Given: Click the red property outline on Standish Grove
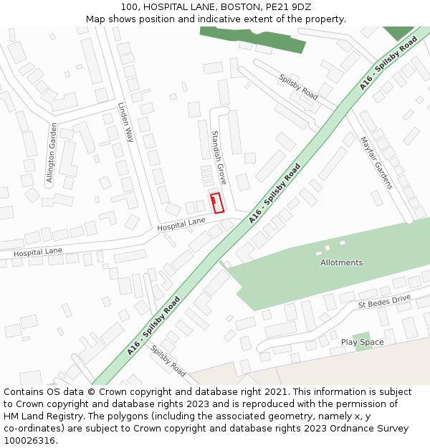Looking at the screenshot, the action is click(217, 202).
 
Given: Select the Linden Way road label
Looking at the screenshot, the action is click(125, 122).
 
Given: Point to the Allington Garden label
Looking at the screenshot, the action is click(52, 154).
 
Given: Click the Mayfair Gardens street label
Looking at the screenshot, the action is click(376, 163).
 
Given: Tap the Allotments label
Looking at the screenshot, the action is click(341, 262).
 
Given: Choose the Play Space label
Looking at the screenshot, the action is click(362, 343).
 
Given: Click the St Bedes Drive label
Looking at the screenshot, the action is click(384, 302).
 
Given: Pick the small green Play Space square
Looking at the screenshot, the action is click(362, 337).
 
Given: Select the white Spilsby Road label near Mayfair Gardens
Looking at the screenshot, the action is click(298, 87).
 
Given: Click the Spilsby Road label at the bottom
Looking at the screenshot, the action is click(168, 361).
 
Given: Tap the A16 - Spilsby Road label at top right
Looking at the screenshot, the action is click(388, 63).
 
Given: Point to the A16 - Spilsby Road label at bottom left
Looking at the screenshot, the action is click(153, 327).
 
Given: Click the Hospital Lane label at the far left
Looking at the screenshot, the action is click(37, 252).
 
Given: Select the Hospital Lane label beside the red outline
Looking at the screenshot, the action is click(181, 224).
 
